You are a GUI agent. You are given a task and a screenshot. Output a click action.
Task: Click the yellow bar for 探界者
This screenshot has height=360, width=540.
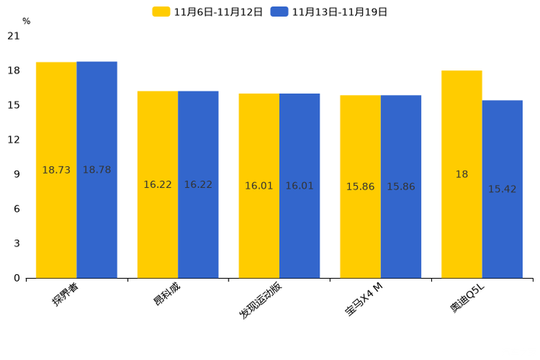point(56,170)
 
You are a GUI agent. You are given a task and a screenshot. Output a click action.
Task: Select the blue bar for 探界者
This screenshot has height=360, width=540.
point(97,170)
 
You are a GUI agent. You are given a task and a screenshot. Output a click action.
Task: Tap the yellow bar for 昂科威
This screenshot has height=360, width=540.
point(157,184)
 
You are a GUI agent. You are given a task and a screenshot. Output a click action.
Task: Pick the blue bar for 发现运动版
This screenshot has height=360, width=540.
point(300,186)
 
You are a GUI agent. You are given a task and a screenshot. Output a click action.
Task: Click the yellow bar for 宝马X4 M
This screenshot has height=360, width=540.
point(360,187)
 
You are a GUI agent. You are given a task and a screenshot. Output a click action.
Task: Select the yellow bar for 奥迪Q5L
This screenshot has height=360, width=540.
point(462,174)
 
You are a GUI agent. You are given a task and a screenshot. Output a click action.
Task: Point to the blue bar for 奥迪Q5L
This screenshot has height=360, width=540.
point(502,189)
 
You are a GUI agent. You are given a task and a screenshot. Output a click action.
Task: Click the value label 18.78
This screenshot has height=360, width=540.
point(97,170)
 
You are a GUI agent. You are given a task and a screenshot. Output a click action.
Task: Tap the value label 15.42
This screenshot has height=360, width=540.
point(502,189)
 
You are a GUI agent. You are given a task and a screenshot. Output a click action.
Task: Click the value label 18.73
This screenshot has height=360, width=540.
point(56,170)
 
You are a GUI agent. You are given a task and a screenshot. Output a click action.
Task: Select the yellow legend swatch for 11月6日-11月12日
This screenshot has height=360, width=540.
point(161,12)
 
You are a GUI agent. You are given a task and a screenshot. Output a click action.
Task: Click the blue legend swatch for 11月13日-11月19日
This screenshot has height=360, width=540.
point(279,12)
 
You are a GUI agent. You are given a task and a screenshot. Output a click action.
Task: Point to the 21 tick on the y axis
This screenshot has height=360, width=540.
point(14,36)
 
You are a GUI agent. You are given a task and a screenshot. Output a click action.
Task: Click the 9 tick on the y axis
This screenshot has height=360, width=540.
point(17,174)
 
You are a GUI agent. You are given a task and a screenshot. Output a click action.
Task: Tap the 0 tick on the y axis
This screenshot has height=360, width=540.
point(17,278)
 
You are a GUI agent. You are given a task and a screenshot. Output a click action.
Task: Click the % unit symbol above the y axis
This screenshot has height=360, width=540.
point(27,21)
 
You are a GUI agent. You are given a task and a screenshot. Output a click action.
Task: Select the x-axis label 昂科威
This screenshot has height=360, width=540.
point(167,294)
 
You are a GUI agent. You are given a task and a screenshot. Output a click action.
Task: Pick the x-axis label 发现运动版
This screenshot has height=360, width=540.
point(261,300)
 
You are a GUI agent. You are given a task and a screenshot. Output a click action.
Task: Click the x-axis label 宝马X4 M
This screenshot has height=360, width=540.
point(364,299)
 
